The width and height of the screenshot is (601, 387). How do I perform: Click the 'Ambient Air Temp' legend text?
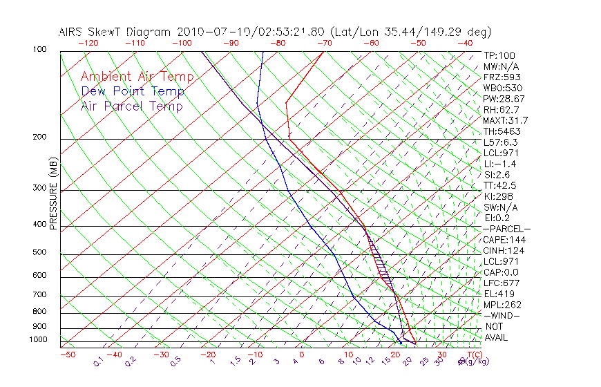[x=137, y=77]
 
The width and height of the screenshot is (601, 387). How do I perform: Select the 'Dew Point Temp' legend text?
[x=133, y=91]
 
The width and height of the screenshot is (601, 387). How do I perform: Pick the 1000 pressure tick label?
[x=39, y=339]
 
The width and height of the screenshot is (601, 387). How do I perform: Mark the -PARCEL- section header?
[x=506, y=229]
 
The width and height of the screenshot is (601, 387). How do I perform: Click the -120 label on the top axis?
[x=87, y=43]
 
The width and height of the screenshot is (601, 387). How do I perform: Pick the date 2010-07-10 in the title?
[x=205, y=32]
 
